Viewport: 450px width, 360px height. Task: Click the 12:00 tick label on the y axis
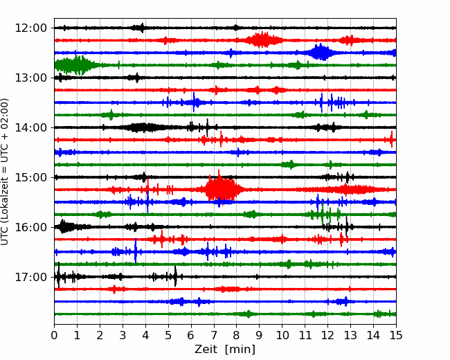pyautogui.click(x=30, y=28)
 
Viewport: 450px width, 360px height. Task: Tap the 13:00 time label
pyautogui.click(x=30, y=78)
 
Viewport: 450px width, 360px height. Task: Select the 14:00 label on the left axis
pyautogui.click(x=30, y=127)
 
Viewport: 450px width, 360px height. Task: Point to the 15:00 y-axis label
pyautogui.click(x=30, y=177)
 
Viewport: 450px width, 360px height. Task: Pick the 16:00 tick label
pyautogui.click(x=30, y=227)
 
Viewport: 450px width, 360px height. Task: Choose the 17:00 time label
pyautogui.click(x=30, y=277)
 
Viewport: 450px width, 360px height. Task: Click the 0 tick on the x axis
pyautogui.click(x=54, y=335)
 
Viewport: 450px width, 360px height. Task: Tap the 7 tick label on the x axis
pyautogui.click(x=214, y=335)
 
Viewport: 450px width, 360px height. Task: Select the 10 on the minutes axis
pyautogui.click(x=282, y=335)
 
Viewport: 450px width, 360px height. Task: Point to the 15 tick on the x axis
pyautogui.click(x=396, y=335)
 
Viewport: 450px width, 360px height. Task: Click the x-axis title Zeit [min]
pyautogui.click(x=225, y=350)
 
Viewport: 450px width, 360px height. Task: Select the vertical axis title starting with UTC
pyautogui.click(x=5, y=172)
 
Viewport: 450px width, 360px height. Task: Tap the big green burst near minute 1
pyautogui.click(x=76, y=65)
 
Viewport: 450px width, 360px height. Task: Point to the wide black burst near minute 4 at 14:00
pyautogui.click(x=142, y=127)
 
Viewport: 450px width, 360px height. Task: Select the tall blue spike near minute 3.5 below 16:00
pyautogui.click(x=136, y=251)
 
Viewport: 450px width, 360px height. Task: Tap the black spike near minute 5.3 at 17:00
pyautogui.click(x=176, y=276)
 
